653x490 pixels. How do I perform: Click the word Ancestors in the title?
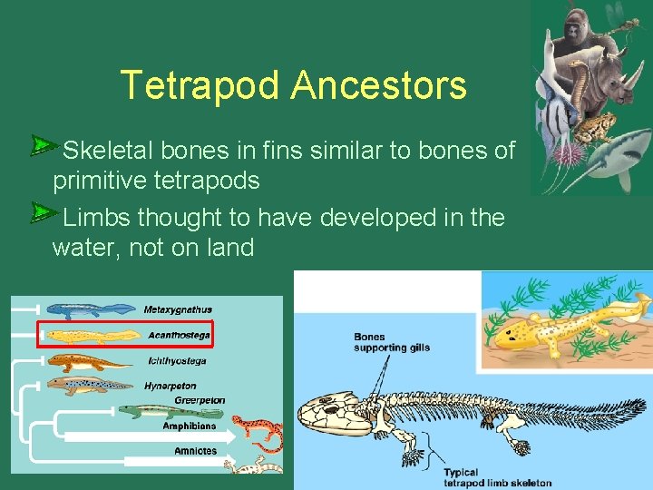[x=379, y=86]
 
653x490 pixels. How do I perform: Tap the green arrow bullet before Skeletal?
[x=44, y=145]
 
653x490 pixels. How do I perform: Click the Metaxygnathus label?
[x=178, y=309]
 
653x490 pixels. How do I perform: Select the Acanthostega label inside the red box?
[x=179, y=335]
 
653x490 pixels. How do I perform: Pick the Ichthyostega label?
[x=177, y=360]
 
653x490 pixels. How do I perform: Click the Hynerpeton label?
[x=171, y=386]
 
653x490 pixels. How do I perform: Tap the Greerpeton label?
[x=200, y=400]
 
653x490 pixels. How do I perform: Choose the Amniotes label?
[x=196, y=450]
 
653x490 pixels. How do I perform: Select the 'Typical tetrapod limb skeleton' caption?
[x=497, y=477]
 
